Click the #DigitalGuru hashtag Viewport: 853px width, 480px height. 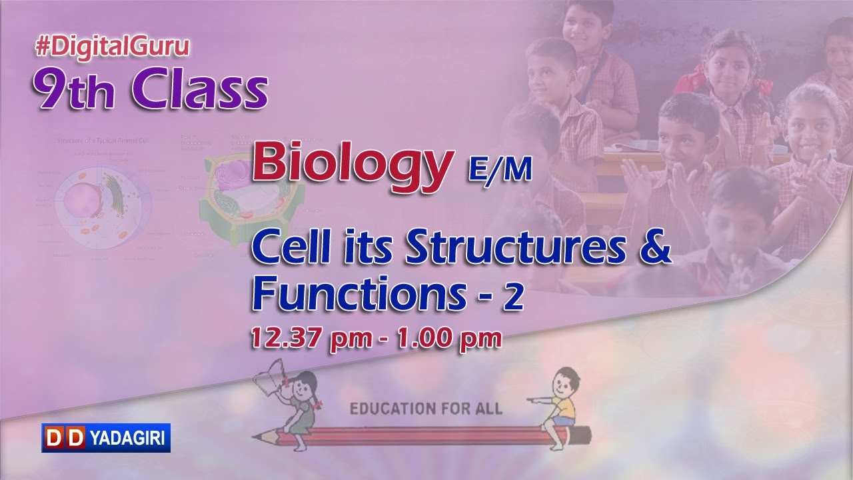tap(113, 47)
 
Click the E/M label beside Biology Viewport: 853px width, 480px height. tap(499, 171)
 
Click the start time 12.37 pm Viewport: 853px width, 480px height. tap(311, 339)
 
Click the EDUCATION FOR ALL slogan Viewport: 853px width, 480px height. tap(426, 408)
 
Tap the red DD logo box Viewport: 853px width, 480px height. tap(65, 438)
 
